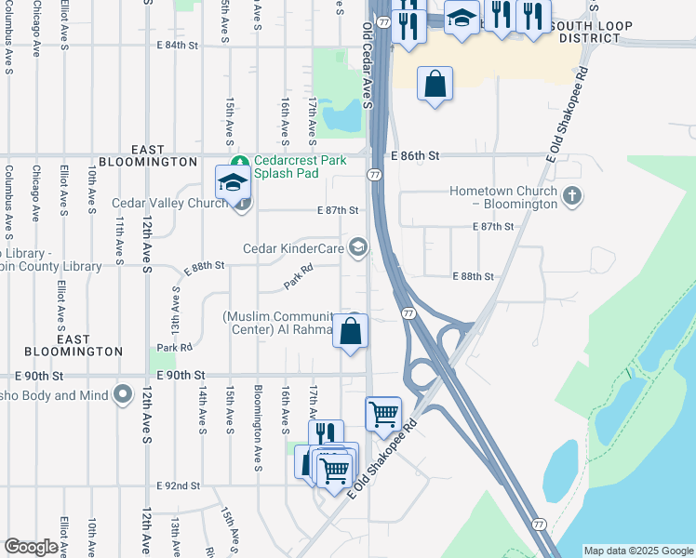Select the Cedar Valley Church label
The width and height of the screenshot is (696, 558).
click(x=170, y=203)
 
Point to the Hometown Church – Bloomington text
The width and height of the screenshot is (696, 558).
click(x=503, y=196)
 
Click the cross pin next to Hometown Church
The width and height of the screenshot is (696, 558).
click(x=572, y=196)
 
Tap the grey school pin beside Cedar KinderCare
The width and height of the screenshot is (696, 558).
click(x=357, y=246)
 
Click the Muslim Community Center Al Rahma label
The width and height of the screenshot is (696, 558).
click(x=279, y=323)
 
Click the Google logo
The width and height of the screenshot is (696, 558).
click(x=31, y=547)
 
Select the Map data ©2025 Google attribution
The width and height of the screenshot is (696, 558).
click(x=638, y=551)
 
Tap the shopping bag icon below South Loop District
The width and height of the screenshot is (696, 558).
click(x=435, y=85)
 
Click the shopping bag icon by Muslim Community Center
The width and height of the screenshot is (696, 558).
click(x=351, y=332)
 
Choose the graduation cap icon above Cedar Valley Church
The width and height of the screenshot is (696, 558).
click(x=233, y=182)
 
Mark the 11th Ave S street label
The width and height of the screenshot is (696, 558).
click(x=119, y=239)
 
